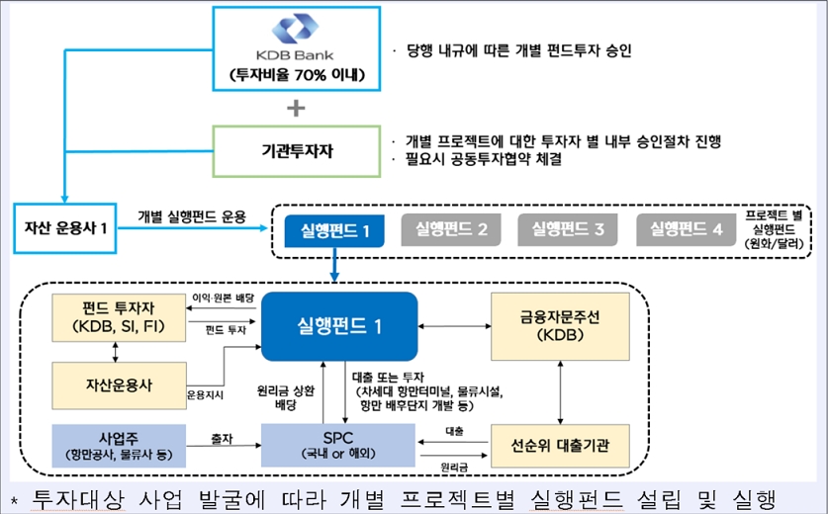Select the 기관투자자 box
click(296, 150)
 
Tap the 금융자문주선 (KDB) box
click(560, 325)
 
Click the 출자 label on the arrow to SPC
click(222, 436)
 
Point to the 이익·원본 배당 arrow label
click(222, 298)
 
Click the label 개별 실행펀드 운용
click(192, 216)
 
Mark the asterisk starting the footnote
click(13, 497)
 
